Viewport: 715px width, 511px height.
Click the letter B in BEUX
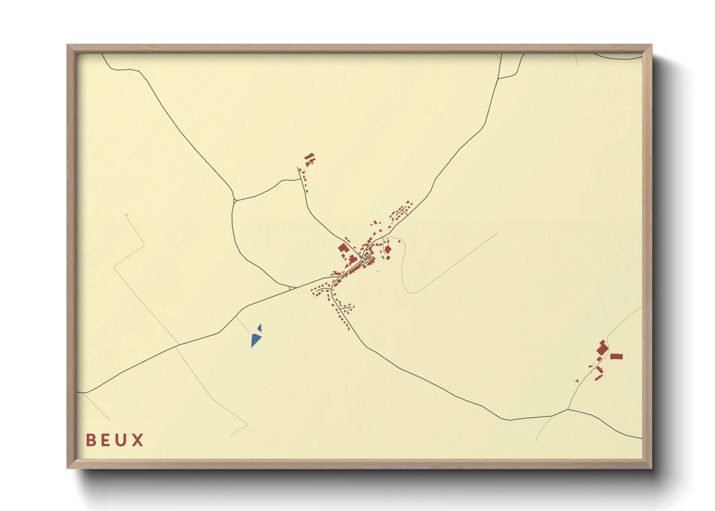(90, 440)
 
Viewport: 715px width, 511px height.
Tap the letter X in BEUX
(138, 440)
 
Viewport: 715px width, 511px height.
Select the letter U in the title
(122, 440)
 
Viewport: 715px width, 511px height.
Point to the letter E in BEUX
(106, 440)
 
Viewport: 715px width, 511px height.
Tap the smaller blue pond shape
(260, 327)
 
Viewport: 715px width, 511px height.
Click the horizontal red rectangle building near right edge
(616, 356)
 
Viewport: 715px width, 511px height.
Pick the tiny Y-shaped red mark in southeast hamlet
(577, 381)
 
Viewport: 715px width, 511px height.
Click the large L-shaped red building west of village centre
(343, 249)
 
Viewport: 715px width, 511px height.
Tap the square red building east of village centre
(387, 249)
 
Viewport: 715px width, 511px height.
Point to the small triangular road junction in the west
(234, 200)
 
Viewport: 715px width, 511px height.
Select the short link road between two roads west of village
(292, 288)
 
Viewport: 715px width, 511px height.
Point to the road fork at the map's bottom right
(568, 410)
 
